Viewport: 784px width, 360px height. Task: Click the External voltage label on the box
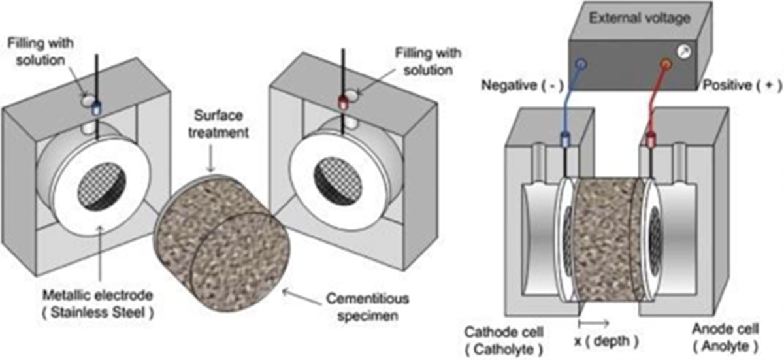pos(640,18)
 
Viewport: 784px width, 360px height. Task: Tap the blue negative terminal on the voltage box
pos(581,64)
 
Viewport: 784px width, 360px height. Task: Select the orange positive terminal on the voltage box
pos(666,65)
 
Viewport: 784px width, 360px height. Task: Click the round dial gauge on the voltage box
pos(683,52)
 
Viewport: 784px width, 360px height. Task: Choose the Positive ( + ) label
pos(742,86)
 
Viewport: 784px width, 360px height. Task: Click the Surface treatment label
pos(218,124)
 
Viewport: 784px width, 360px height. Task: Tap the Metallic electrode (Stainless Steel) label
pos(97,304)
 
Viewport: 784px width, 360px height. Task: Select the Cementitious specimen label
pos(367,307)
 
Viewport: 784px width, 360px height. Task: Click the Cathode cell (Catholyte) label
pos(504,340)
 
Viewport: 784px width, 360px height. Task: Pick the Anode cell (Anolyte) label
pos(726,338)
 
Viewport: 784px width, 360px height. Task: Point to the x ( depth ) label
pos(606,341)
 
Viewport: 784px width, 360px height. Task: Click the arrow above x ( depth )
pos(594,323)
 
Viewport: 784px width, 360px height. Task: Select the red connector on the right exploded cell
pos(343,103)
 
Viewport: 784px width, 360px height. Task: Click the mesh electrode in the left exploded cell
pos(101,186)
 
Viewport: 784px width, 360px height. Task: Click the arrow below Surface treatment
pos(210,159)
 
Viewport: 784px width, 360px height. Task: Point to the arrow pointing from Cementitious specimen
pos(302,297)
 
